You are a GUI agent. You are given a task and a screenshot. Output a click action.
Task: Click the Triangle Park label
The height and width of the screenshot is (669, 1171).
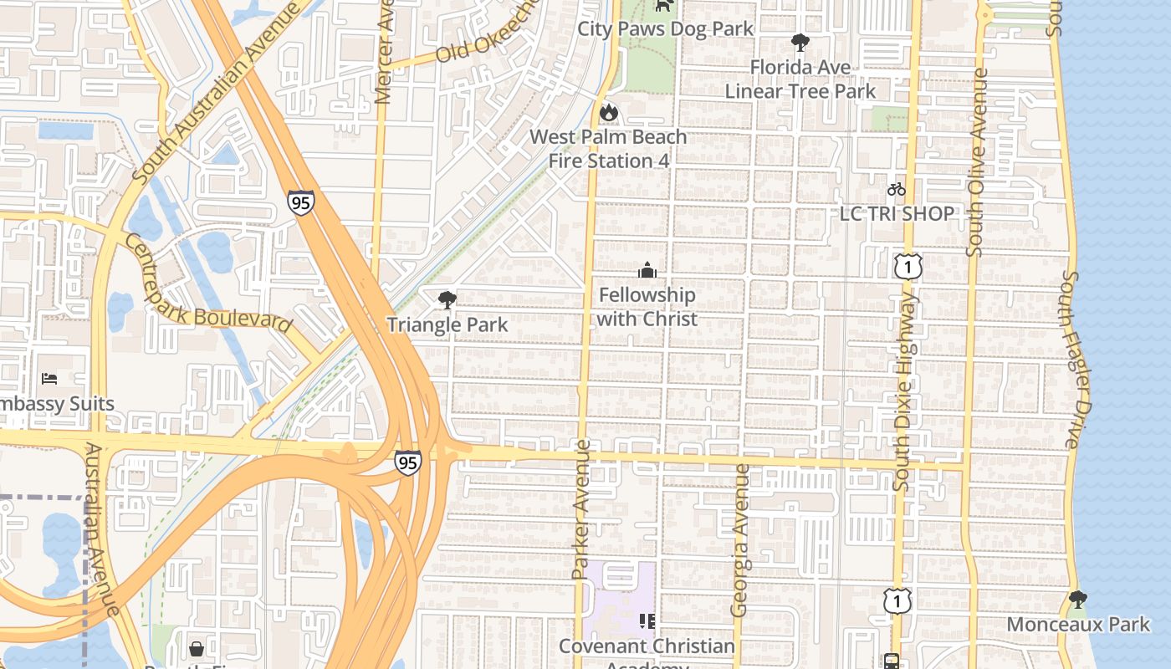tap(447, 324)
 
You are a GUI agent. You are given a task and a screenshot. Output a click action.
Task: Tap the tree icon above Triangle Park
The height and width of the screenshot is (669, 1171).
tap(447, 299)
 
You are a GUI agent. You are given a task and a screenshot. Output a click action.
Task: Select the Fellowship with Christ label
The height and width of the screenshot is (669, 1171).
tap(647, 307)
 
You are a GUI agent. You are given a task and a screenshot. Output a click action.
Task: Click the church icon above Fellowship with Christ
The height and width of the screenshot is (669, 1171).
tap(647, 270)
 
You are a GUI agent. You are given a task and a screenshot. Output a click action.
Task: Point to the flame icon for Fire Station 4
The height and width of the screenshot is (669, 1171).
tap(608, 111)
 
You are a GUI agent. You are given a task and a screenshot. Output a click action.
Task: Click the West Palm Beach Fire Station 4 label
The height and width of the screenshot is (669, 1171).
tap(608, 149)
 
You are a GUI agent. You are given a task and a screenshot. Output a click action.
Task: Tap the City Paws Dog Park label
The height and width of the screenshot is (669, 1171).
tap(666, 28)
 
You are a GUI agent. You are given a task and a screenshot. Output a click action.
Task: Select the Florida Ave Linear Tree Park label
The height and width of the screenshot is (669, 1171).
tap(800, 79)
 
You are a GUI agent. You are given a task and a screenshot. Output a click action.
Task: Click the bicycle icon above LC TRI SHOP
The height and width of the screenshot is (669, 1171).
tap(897, 189)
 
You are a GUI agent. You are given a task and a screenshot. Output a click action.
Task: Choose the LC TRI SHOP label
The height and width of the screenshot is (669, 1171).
tap(897, 214)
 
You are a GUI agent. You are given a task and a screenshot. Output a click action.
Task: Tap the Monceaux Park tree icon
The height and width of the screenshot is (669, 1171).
tap(1077, 599)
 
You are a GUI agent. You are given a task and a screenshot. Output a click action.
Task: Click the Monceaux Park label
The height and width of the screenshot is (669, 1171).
tap(1078, 625)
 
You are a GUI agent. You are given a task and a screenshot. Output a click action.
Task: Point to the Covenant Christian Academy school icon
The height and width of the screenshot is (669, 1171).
tap(647, 620)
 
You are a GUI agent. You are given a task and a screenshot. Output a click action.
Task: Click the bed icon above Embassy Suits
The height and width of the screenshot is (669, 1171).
tap(49, 379)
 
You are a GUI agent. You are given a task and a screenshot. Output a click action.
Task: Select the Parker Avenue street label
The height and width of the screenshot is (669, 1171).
tap(580, 510)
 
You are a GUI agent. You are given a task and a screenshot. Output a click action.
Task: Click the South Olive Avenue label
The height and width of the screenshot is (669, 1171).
tap(976, 162)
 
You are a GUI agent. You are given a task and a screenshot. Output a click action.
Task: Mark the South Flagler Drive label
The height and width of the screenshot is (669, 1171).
tap(1079, 360)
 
